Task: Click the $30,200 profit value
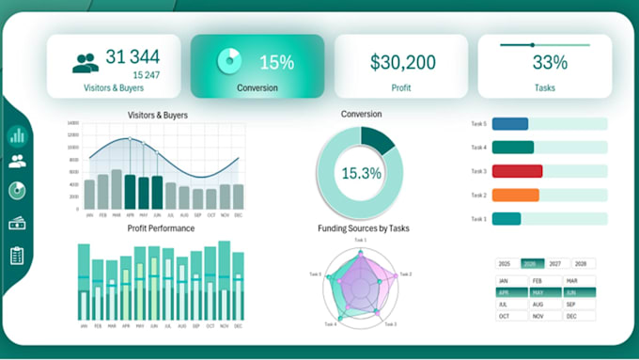coord(402,63)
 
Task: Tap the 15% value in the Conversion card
coord(276,63)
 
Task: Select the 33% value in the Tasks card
coord(549,64)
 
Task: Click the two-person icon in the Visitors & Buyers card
coord(86,63)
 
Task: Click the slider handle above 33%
coord(533,44)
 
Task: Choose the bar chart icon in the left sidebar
coord(17,135)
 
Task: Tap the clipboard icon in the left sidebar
coord(17,256)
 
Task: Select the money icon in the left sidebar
coord(17,224)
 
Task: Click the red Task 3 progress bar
coord(518,171)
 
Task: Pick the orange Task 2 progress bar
coord(516,195)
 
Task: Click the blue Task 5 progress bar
coord(510,124)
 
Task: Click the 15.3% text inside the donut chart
coord(361,173)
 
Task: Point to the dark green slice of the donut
coord(379,141)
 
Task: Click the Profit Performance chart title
coord(161,228)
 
